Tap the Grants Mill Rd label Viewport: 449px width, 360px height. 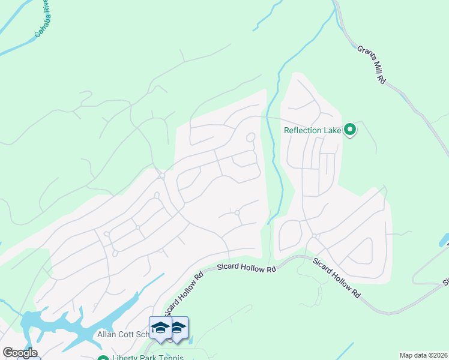pos(371,65)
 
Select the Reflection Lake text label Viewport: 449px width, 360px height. pos(312,130)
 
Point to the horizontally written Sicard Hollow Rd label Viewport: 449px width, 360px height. pos(246,268)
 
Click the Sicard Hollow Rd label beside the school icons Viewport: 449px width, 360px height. pos(185,294)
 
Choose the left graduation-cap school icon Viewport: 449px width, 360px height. pos(160,328)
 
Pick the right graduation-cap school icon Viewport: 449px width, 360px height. pos(178,328)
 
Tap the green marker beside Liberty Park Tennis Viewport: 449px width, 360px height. pos(103,358)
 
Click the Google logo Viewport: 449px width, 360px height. pos(20,353)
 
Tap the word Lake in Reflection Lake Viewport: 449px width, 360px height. pos(331,130)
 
